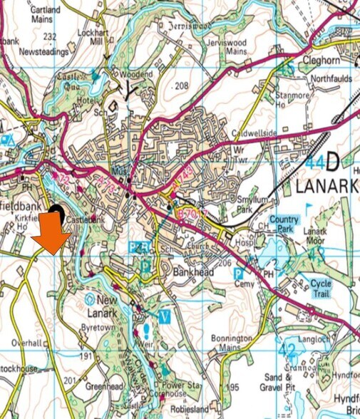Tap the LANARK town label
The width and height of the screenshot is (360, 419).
click(326, 187)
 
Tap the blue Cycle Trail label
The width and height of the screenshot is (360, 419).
click(321, 289)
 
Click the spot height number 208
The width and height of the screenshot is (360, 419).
click(182, 86)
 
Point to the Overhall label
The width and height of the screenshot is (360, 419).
click(28, 342)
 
